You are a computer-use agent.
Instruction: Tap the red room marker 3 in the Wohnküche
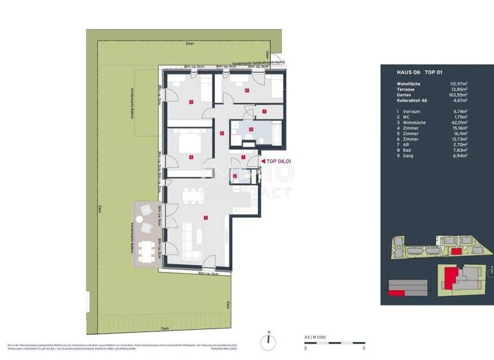coord(205,218)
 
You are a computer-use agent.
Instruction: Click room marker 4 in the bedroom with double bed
coord(191,157)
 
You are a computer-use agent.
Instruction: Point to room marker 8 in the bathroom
coord(251,129)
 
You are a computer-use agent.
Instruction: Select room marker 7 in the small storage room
coord(265,111)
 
